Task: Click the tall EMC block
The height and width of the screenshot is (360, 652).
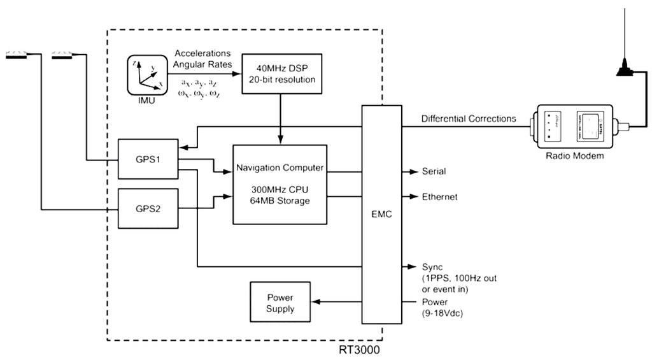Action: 382,215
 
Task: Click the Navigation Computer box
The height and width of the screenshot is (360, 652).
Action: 281,184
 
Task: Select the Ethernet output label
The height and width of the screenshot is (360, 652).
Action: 439,198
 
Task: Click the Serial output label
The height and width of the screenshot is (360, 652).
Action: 434,171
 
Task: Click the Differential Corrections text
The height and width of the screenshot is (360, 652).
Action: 469,119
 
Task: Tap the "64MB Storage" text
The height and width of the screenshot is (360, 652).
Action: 281,202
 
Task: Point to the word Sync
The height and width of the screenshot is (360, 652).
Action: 431,266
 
